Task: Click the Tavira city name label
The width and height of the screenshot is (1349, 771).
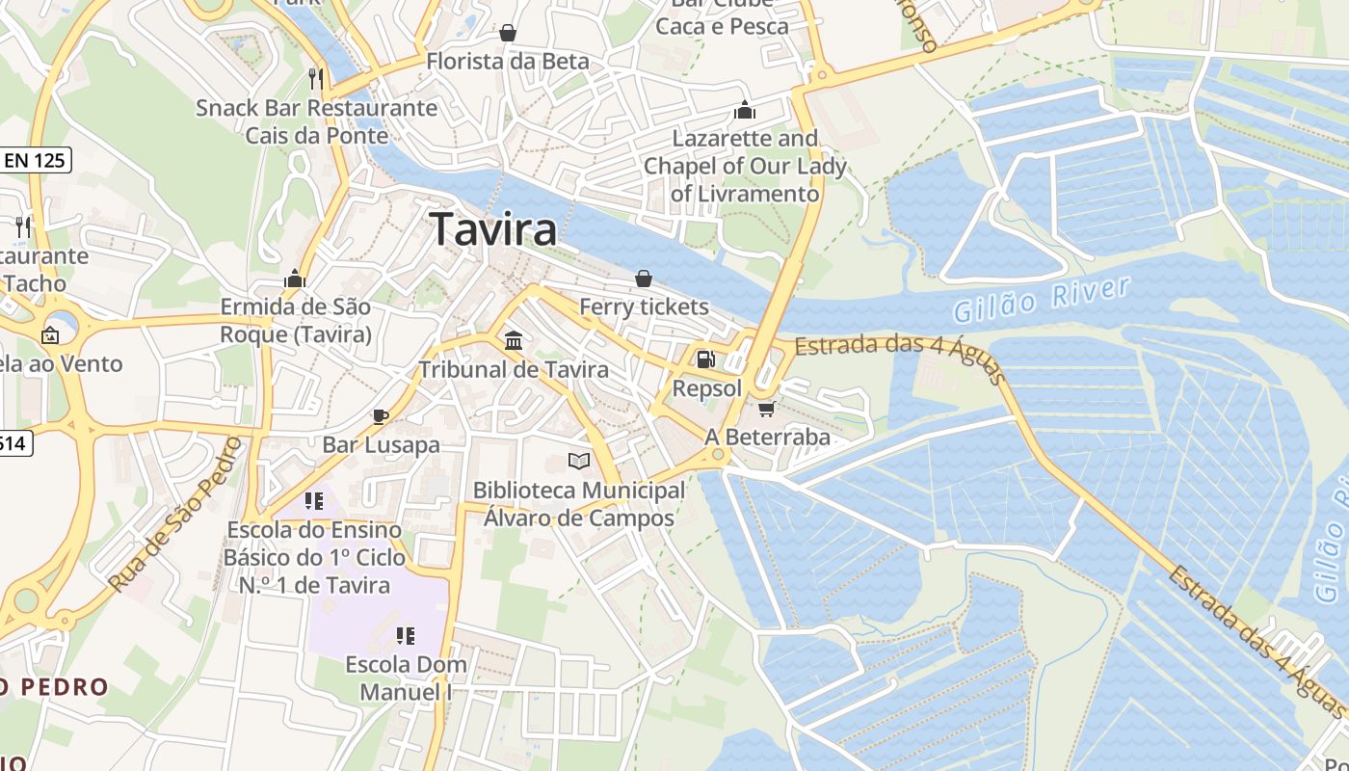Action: [x=493, y=229]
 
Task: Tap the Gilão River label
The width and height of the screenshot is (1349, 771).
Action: [x=1041, y=299]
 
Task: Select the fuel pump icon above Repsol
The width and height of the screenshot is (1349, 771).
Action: [x=706, y=359]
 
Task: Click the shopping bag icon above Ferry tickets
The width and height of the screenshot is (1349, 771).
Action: [x=644, y=279]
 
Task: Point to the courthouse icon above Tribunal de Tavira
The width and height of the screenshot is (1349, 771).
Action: [x=514, y=340]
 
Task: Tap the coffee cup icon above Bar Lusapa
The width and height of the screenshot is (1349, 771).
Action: [x=381, y=416]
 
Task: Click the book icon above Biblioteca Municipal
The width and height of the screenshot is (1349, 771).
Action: [x=578, y=462]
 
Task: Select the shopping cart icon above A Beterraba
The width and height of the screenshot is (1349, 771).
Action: [x=767, y=409]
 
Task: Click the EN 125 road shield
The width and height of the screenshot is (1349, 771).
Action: [x=36, y=160]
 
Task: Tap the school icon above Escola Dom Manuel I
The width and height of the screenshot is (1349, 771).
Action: [x=406, y=635]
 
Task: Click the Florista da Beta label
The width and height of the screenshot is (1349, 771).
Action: [x=508, y=61]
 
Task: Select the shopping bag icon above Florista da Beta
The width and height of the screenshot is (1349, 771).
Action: [x=508, y=33]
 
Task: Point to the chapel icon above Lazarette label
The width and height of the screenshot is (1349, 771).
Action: [x=745, y=111]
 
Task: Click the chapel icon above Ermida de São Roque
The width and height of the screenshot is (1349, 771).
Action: [x=295, y=279]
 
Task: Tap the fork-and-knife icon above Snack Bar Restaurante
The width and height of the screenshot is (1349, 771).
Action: [x=316, y=77]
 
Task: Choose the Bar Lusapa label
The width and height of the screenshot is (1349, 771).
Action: [x=382, y=444]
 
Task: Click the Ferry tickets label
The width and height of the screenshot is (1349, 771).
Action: [x=644, y=306]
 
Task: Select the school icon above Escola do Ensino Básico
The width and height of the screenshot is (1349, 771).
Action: [x=313, y=501]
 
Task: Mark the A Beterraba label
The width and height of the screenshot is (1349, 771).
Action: [x=768, y=437]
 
